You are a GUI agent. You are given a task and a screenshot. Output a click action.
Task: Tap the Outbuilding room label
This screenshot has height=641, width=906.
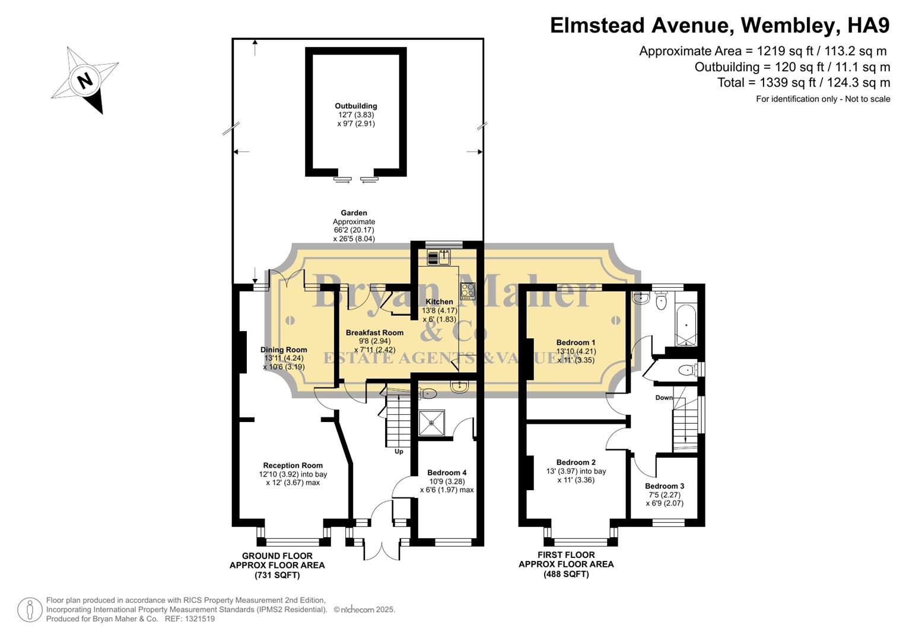(355, 106)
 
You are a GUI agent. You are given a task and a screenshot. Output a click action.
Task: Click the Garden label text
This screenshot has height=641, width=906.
(354, 213)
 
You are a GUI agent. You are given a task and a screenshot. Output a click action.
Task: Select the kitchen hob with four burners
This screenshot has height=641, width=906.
(468, 290)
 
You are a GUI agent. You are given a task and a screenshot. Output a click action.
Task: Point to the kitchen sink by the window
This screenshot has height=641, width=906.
(440, 257)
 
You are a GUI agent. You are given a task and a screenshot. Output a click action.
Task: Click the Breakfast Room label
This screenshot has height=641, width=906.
(374, 333)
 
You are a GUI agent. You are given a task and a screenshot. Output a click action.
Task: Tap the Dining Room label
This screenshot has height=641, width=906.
(284, 350)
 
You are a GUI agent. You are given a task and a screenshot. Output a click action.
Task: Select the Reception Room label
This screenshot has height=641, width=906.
(293, 466)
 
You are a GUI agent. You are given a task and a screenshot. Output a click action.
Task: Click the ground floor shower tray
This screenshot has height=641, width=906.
(431, 423)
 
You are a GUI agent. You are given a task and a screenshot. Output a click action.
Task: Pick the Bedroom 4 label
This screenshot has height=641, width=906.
(447, 473)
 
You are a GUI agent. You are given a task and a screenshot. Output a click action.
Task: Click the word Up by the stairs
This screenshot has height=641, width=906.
(399, 452)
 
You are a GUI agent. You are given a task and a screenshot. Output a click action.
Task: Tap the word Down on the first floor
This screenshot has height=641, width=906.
(664, 398)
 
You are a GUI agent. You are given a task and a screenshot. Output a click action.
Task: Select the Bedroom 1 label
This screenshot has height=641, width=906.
(576, 342)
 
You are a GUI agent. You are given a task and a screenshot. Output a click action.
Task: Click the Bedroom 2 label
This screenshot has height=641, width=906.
(576, 462)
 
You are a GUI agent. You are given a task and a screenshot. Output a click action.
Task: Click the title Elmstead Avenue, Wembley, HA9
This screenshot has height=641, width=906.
(720, 26)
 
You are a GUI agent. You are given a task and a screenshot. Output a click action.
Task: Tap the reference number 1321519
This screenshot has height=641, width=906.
(199, 618)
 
